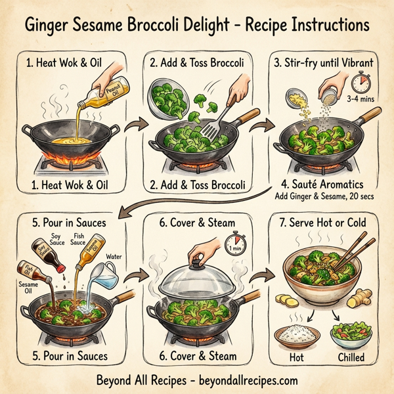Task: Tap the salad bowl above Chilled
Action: coord(349,334)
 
